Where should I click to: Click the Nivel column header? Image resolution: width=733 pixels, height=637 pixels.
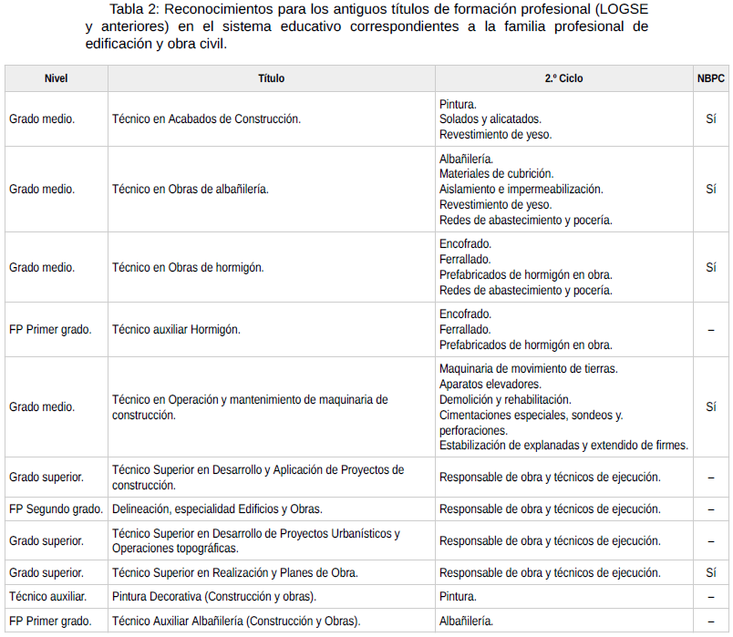pyautogui.click(x=56, y=78)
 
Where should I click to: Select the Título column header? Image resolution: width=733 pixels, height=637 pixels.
pyautogui.click(x=271, y=78)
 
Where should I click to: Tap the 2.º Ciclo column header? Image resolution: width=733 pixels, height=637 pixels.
pyautogui.click(x=563, y=78)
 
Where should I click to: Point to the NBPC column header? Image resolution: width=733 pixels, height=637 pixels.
pyautogui.click(x=710, y=78)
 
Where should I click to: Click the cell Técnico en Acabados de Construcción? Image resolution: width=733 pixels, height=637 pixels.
pyautogui.click(x=206, y=118)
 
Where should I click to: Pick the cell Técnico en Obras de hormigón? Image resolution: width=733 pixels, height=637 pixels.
pyautogui.click(x=188, y=267)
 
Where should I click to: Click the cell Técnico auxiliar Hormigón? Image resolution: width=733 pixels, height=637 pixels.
pyautogui.click(x=176, y=329)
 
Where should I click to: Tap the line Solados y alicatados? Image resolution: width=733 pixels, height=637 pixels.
pyautogui.click(x=490, y=118)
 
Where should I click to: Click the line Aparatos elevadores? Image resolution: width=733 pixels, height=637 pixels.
pyautogui.click(x=490, y=384)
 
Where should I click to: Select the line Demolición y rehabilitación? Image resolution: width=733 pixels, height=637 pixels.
pyautogui.click(x=505, y=399)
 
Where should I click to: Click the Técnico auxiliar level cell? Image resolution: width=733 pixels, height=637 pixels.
pyautogui.click(x=48, y=596)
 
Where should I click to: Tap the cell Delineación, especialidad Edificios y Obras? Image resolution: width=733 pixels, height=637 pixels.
pyautogui.click(x=217, y=509)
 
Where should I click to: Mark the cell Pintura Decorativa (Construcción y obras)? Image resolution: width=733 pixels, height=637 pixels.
pyautogui.click(x=214, y=596)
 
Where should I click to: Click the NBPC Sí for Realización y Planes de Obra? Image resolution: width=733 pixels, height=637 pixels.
pyautogui.click(x=710, y=572)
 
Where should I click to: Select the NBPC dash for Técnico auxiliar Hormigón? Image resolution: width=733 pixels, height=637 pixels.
pyautogui.click(x=710, y=329)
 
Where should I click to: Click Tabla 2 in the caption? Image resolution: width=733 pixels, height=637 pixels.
pyautogui.click(x=134, y=9)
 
